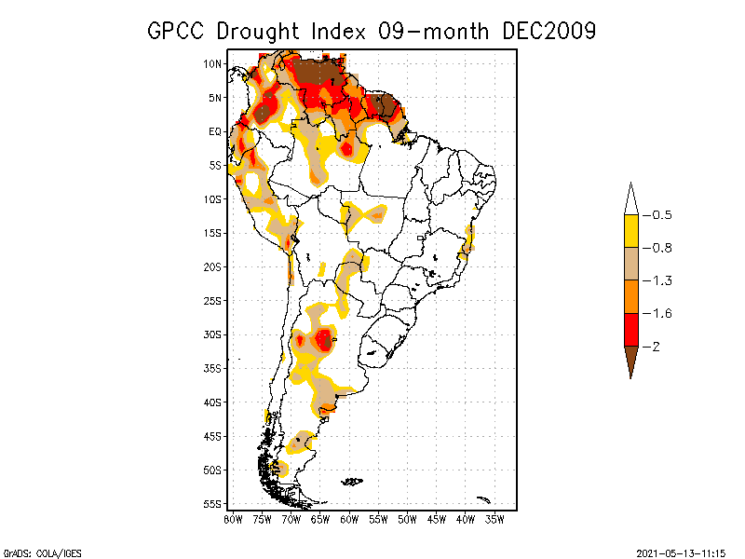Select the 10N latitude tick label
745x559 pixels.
click(x=211, y=64)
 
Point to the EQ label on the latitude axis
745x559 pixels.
click(x=214, y=131)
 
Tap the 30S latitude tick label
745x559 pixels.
click(x=211, y=334)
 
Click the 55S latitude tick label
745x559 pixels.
click(x=211, y=504)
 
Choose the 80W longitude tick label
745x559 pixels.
click(x=233, y=519)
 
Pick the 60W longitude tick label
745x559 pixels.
click(x=349, y=519)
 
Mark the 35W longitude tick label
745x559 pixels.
click(x=494, y=519)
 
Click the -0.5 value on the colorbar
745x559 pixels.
click(x=659, y=215)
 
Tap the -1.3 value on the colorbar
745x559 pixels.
click(x=659, y=280)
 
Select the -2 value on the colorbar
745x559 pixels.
click(x=655, y=347)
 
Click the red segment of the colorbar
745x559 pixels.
click(x=631, y=329)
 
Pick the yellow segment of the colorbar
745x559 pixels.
click(x=631, y=231)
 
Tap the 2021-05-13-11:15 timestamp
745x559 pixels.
click(x=680, y=552)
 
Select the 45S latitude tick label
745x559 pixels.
click(x=211, y=436)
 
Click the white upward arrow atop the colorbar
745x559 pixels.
click(x=631, y=198)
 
